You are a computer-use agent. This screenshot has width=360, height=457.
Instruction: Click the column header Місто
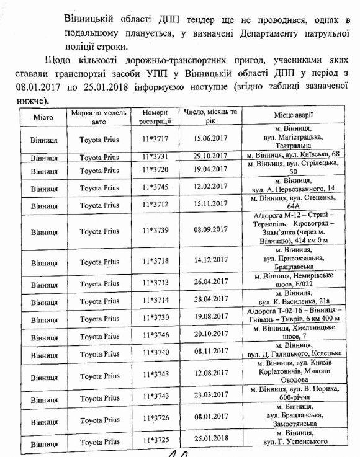[x=43, y=117]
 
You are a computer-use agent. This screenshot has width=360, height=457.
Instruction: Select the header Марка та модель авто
[x=99, y=118]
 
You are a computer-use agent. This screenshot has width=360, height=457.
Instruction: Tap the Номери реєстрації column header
[x=155, y=118]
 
